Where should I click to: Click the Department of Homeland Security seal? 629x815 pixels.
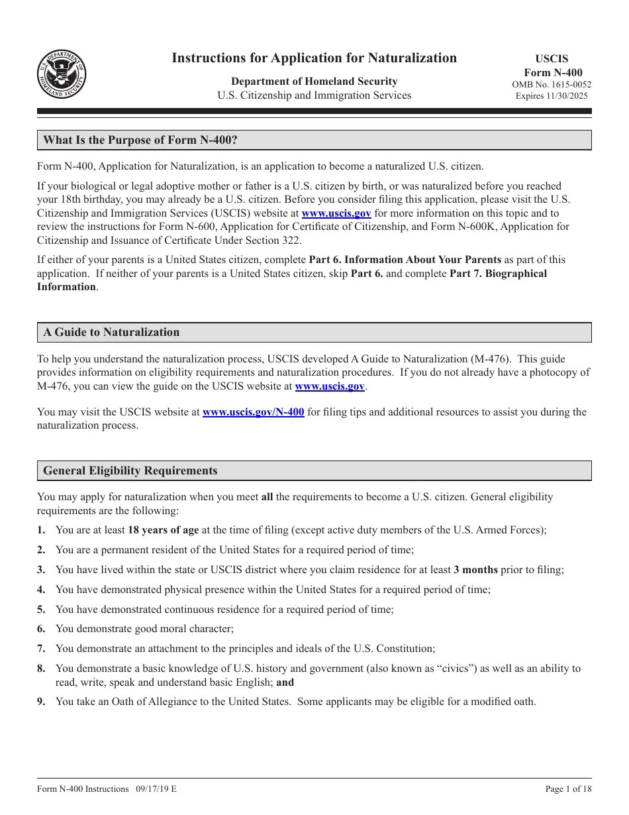click(x=62, y=74)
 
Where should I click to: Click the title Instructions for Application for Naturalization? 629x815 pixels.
click(x=314, y=58)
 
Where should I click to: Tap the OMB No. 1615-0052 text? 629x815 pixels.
click(x=552, y=84)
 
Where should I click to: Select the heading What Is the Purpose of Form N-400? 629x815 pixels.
click(x=140, y=140)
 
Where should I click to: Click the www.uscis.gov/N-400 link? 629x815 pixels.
click(x=253, y=412)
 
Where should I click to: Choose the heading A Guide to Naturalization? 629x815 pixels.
click(x=111, y=332)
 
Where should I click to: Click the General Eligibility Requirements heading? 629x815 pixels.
click(x=130, y=471)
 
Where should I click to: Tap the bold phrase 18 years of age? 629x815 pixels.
click(x=163, y=530)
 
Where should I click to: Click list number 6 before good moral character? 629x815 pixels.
click(x=41, y=629)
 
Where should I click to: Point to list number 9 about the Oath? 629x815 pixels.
click(x=41, y=702)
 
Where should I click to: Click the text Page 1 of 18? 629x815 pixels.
click(x=568, y=788)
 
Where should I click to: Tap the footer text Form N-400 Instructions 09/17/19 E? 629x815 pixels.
click(x=107, y=788)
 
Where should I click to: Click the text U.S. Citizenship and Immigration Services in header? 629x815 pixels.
click(x=314, y=95)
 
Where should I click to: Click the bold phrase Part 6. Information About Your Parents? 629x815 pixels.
click(x=405, y=260)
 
